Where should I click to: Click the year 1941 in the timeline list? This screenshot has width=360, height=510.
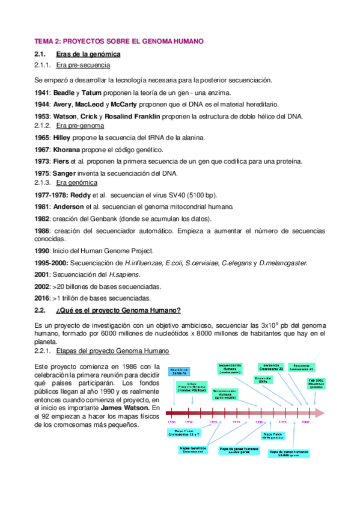43,93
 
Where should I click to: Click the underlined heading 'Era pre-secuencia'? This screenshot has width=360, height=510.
82,65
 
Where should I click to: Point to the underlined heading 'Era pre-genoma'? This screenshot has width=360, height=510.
80,126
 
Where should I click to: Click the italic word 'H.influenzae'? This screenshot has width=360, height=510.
144,263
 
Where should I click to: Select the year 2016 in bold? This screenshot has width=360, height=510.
43,298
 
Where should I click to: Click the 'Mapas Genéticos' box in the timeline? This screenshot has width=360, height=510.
192,450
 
